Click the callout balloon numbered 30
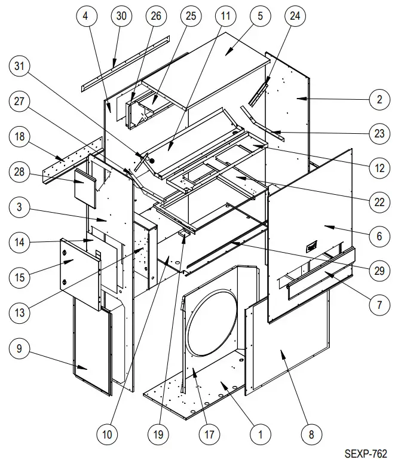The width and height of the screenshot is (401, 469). (x=121, y=17)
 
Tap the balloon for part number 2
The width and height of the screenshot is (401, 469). (x=379, y=100)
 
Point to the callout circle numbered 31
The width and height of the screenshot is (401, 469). (x=20, y=68)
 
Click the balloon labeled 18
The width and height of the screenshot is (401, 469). (x=20, y=137)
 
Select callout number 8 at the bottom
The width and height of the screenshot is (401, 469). (x=311, y=435)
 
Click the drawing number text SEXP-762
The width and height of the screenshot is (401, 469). (x=365, y=454)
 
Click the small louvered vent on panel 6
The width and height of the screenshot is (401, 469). (x=311, y=246)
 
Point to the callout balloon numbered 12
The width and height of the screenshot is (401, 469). (x=379, y=168)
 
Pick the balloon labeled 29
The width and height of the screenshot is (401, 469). (x=379, y=271)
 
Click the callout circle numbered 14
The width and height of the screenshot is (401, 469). (x=20, y=242)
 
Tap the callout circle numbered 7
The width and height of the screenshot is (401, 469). (x=379, y=305)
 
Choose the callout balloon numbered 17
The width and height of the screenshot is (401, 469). (x=209, y=435)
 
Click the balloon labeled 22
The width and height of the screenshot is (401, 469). (x=379, y=203)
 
